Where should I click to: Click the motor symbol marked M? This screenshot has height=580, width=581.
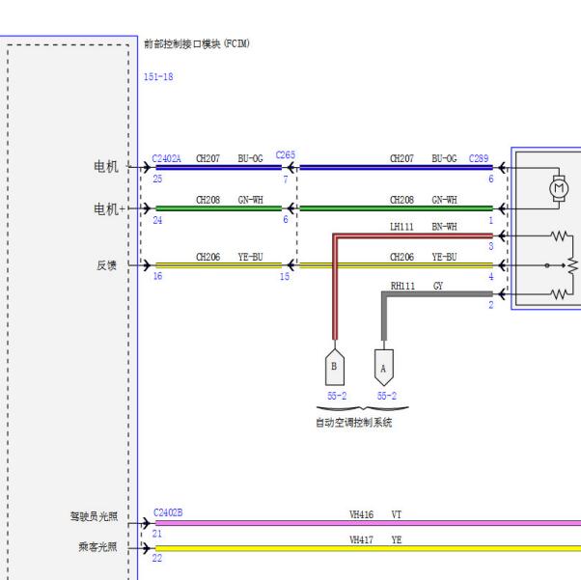tap(559, 188)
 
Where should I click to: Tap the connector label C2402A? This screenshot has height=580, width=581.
tap(166, 159)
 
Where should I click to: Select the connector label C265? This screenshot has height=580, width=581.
tap(286, 155)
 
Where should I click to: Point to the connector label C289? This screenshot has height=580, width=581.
tap(479, 158)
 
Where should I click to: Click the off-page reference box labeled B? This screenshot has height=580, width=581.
tap(335, 367)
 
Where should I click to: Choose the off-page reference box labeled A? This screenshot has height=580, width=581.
tap(384, 368)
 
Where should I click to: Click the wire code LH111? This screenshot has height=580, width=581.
tap(401, 227)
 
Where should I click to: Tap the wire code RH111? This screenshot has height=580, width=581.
tap(402, 286)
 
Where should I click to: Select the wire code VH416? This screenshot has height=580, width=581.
tap(361, 514)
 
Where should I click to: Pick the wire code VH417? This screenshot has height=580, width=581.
tap(361, 540)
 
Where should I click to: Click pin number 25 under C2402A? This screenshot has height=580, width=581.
tap(157, 179)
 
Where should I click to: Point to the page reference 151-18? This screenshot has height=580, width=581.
tap(158, 76)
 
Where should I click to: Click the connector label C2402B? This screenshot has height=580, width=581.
tap(168, 512)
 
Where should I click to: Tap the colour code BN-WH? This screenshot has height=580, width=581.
tap(444, 227)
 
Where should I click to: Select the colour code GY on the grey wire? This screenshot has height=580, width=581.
tap(438, 286)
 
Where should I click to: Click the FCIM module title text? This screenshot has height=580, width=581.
tap(197, 43)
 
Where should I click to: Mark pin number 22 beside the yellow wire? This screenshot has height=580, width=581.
tap(157, 558)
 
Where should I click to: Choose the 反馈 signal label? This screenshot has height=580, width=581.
tap(107, 265)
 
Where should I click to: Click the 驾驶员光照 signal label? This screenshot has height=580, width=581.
tap(94, 516)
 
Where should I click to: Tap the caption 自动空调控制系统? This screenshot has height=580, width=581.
tap(354, 423)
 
